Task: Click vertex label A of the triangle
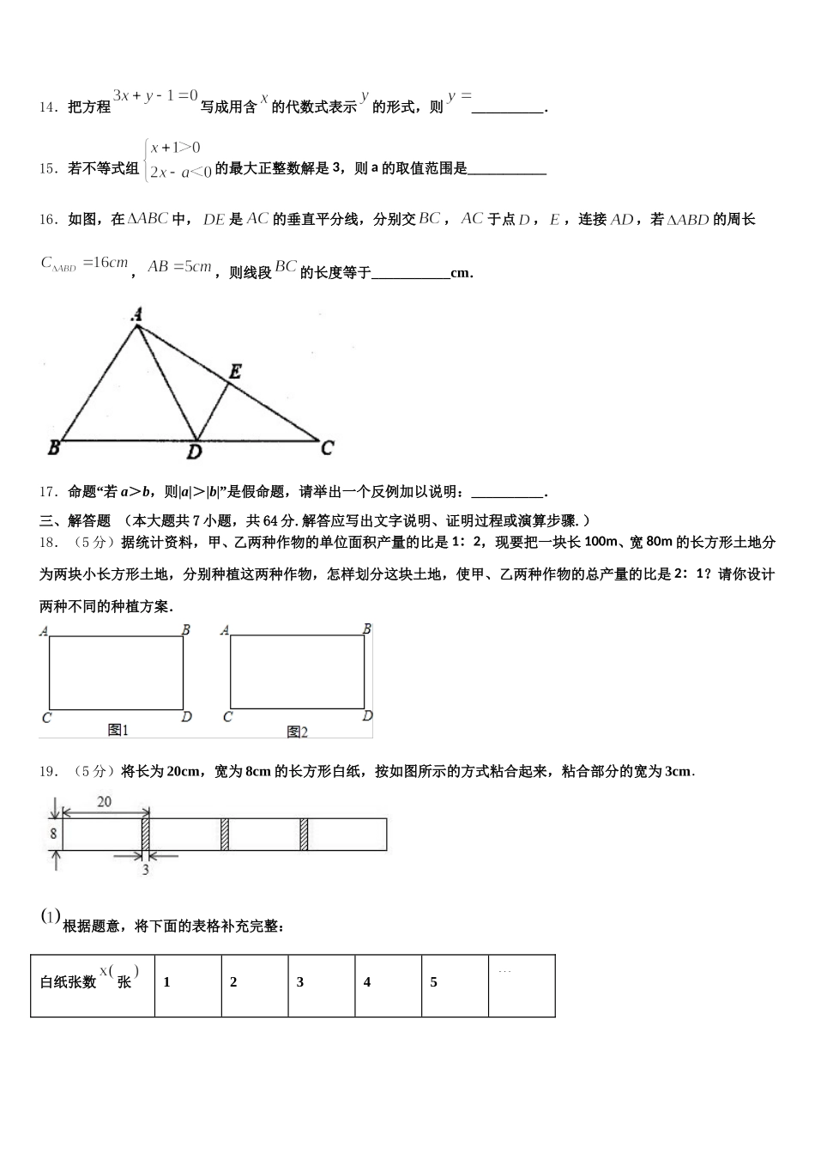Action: (x=136, y=315)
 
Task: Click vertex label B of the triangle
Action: (x=53, y=447)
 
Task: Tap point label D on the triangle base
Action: (x=195, y=452)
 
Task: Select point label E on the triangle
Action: (x=234, y=372)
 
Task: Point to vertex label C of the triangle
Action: (x=327, y=447)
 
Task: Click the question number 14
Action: (x=47, y=107)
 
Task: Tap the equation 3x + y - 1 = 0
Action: (x=155, y=96)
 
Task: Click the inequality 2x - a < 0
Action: (x=180, y=172)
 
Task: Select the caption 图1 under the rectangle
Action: (x=118, y=730)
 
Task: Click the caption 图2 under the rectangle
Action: (x=297, y=732)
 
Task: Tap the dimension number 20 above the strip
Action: (x=104, y=802)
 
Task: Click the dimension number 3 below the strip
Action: (x=145, y=870)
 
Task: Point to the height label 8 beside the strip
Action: (x=53, y=834)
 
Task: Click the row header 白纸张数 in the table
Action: (x=69, y=982)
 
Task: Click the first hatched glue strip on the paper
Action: (x=146, y=835)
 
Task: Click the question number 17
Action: (x=47, y=492)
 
